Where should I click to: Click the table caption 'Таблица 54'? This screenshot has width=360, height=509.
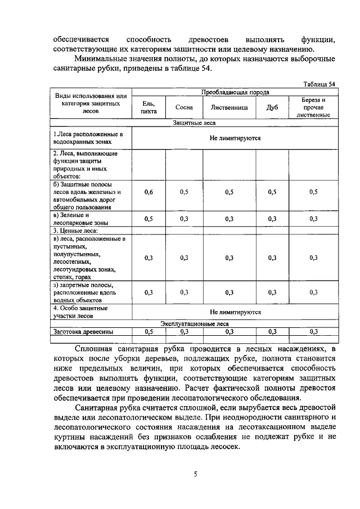click(319, 84)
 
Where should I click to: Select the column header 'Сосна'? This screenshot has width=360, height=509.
click(184, 107)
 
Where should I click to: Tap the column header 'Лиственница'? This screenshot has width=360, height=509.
click(229, 107)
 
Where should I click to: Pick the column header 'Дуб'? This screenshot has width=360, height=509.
click(272, 107)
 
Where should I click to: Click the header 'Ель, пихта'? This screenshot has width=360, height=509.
click(148, 107)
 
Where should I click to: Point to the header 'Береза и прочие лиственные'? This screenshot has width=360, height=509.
click(313, 107)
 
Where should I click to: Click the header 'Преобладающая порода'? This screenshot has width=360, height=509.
click(235, 92)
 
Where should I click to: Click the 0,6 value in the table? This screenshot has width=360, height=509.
click(148, 192)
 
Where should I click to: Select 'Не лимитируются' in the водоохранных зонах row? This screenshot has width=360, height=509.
click(235, 137)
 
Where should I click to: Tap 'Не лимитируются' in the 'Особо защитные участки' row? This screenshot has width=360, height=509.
click(235, 312)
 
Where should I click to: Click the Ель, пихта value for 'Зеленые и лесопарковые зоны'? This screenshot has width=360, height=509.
click(148, 219)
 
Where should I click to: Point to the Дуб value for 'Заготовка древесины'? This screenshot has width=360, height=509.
click(272, 331)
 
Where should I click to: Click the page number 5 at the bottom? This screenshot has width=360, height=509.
click(195, 474)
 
